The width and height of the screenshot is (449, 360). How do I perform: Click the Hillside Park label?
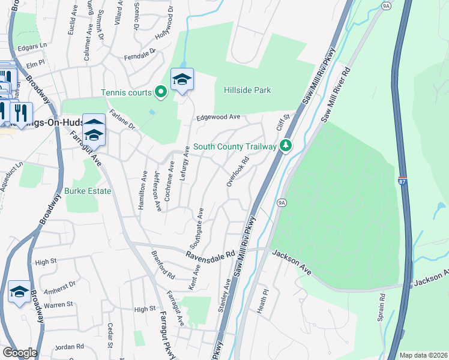(x=247, y=91)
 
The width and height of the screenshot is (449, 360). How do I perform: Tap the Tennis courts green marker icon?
(x=160, y=92)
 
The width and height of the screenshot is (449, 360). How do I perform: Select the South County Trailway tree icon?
(x=286, y=146)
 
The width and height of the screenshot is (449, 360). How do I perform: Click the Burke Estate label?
(x=88, y=191)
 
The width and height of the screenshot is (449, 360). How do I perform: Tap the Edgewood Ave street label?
(x=218, y=118)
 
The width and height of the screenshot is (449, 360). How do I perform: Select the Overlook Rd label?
(x=238, y=172)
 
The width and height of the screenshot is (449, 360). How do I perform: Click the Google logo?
(x=19, y=353)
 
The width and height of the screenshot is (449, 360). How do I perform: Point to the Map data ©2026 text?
(x=423, y=355)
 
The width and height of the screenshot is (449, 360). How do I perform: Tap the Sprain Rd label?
(x=381, y=307)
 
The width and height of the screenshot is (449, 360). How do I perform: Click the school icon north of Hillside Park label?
(x=182, y=79)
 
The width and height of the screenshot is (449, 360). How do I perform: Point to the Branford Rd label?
(x=163, y=266)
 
